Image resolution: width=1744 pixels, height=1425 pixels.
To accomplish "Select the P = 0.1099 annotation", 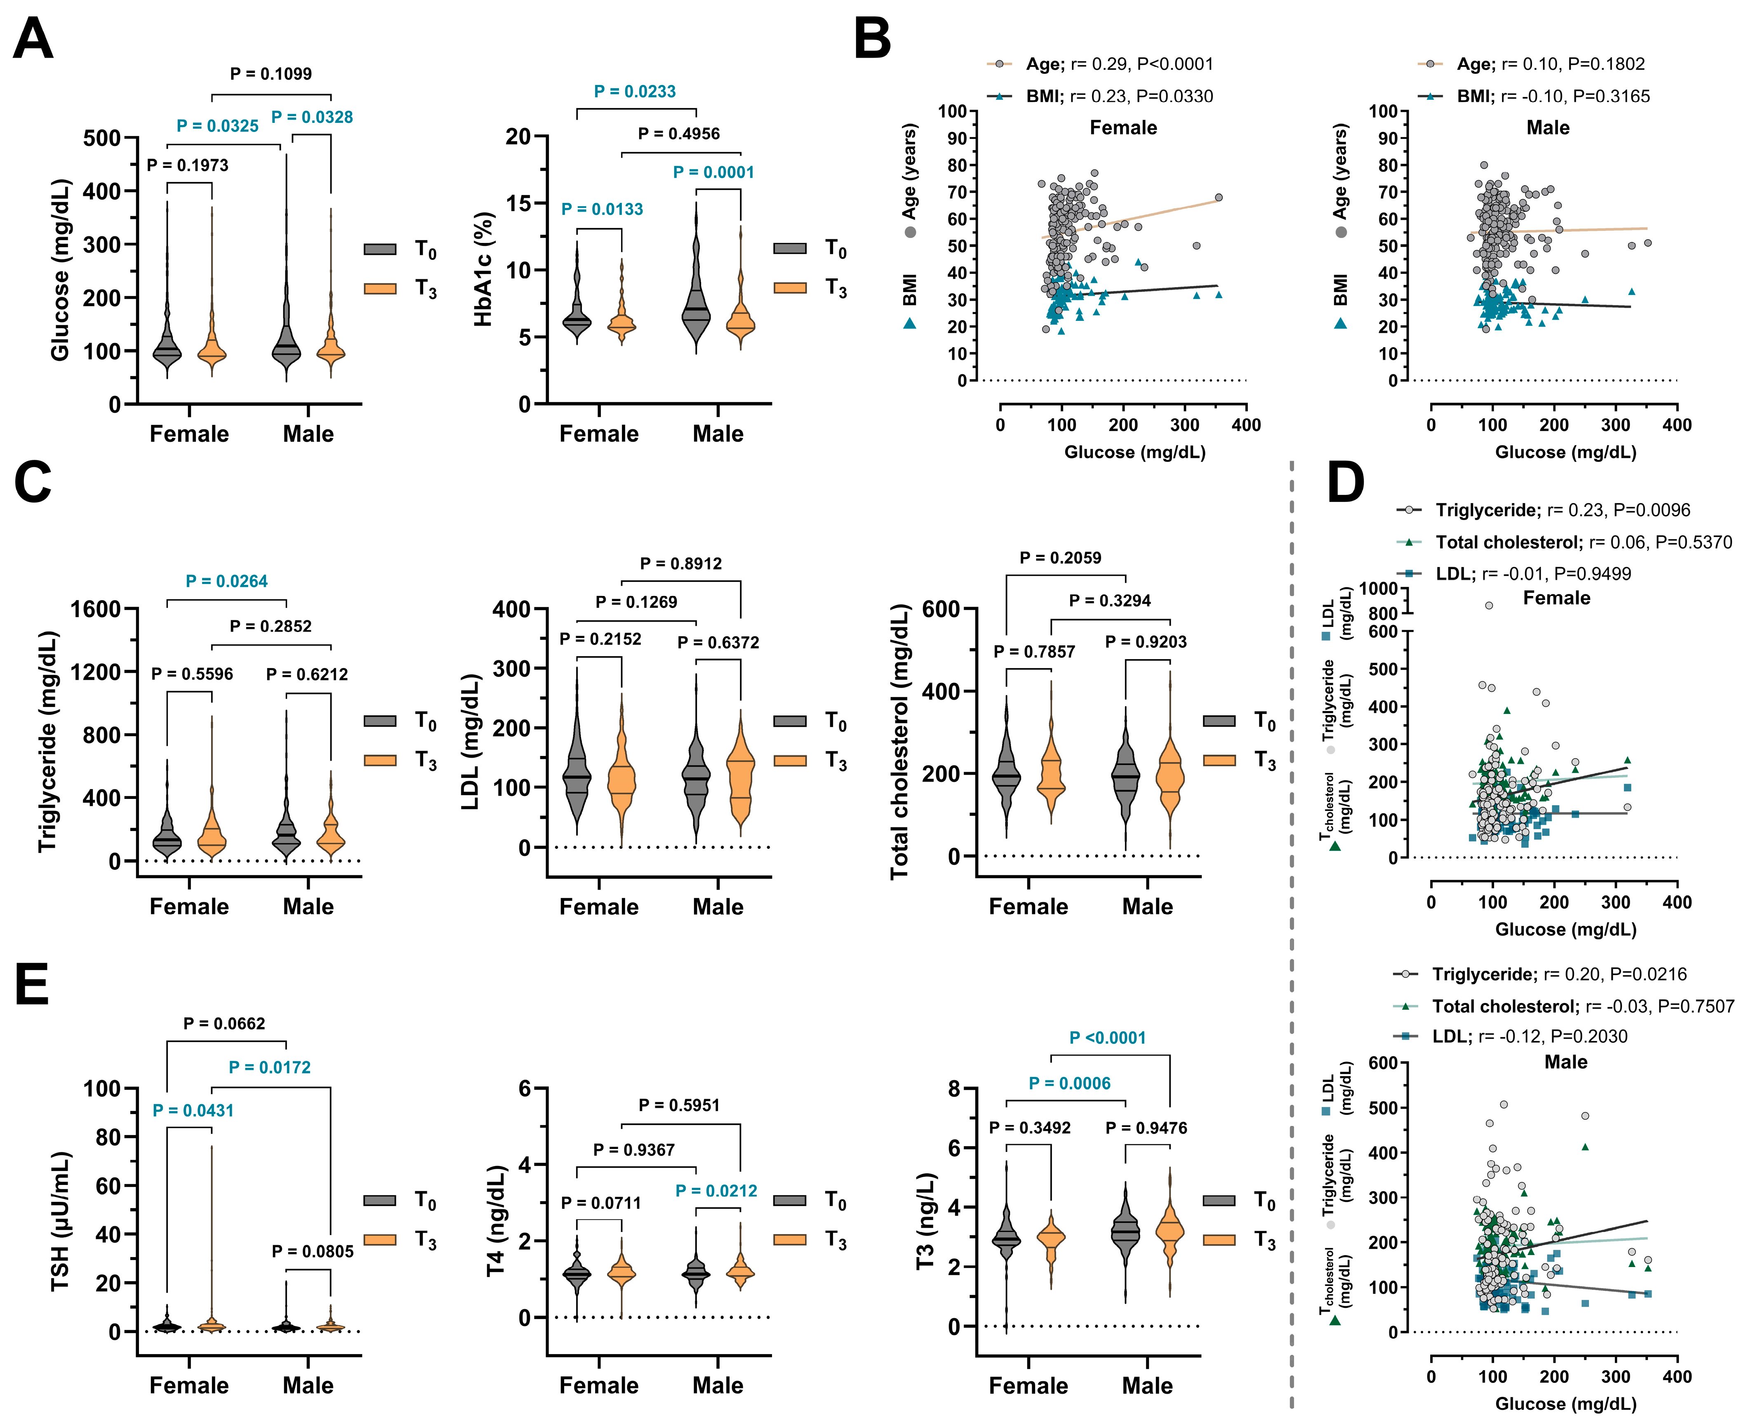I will click(271, 74).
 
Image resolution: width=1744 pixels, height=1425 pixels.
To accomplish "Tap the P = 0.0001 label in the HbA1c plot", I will click(713, 172).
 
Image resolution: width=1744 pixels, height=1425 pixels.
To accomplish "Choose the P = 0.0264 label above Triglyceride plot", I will click(226, 581).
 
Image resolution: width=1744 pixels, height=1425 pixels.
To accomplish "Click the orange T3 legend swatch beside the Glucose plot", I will click(380, 288).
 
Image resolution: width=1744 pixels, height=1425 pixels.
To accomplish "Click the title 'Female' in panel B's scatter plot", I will click(1123, 128).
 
